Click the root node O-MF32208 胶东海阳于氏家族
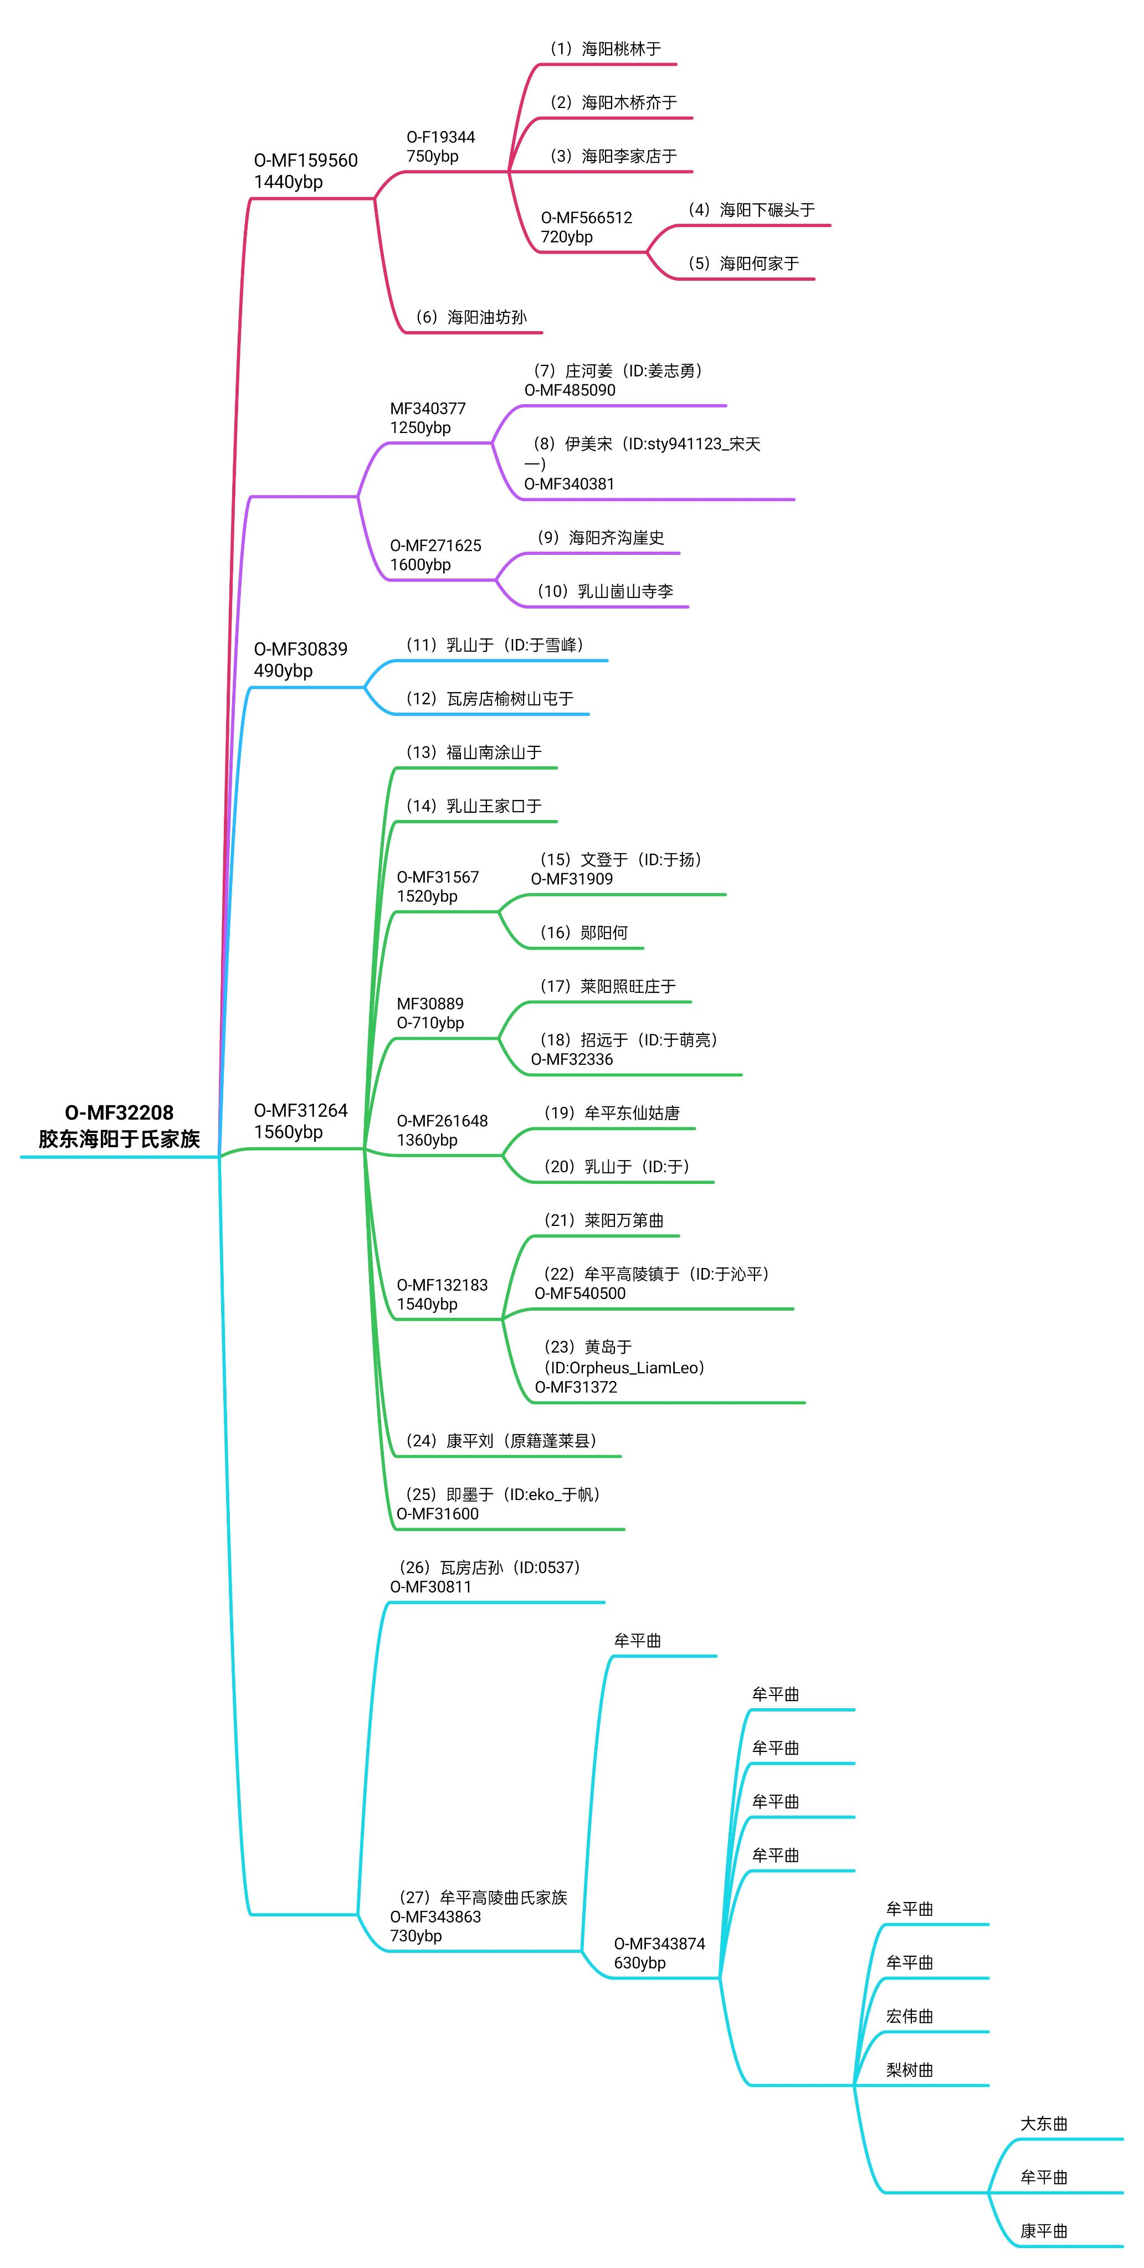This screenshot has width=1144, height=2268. click(119, 1125)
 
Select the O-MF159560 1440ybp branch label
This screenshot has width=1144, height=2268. click(306, 171)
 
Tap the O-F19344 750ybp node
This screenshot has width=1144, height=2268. click(440, 146)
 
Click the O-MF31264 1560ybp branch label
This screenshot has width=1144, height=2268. click(300, 1121)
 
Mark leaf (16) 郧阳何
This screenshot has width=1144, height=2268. click(584, 933)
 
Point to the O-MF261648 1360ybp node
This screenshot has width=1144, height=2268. click(442, 1130)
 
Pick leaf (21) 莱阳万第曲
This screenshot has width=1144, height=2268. click(604, 1220)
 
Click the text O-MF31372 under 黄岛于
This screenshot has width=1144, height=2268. click(576, 1386)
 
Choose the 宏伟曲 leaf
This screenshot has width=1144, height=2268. click(909, 2016)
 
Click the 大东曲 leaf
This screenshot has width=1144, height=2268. click(1044, 2123)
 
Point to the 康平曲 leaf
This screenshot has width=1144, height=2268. click(1044, 2231)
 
